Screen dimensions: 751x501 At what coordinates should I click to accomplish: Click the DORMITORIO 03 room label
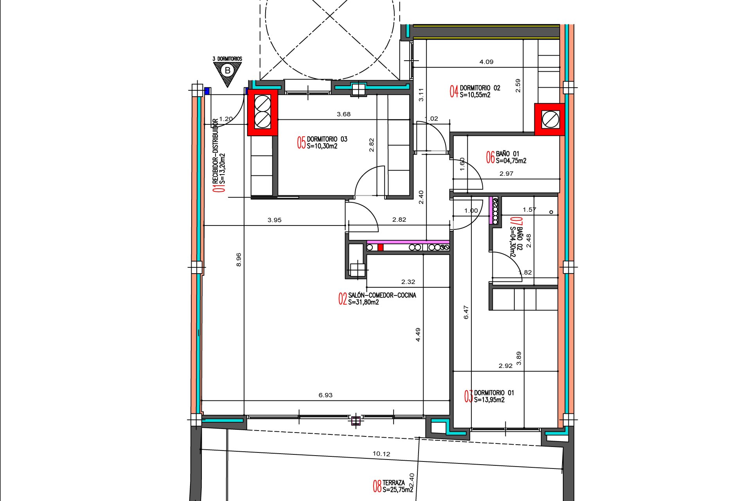pos(327,139)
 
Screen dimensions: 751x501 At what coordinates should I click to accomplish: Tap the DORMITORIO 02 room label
pos(480,88)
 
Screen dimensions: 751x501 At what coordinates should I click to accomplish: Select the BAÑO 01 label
pos(507,154)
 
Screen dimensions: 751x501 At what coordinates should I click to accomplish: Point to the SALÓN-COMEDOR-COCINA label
pos(382,295)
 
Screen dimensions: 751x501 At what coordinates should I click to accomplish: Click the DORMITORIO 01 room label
pos(494,393)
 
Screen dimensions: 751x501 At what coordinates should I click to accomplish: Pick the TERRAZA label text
pos(393,483)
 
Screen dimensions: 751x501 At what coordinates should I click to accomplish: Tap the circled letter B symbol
pos(227,70)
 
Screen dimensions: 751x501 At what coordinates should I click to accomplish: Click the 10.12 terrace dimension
pos(381,454)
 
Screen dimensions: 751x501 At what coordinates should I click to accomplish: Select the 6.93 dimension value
pos(325,395)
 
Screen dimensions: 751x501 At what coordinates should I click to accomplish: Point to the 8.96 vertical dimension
pos(239,260)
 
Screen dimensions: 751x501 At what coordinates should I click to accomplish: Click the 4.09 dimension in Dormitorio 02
pos(486,61)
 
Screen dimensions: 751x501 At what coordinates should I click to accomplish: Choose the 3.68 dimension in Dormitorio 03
pos(343,114)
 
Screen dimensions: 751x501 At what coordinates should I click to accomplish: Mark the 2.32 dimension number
pos(408,281)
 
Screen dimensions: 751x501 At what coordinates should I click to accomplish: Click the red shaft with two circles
pos(262,112)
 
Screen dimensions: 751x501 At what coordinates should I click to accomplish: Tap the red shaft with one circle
pos(550,119)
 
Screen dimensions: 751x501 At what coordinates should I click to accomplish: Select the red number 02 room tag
pos(343,299)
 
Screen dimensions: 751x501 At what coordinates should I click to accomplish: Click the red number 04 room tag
pos(454,92)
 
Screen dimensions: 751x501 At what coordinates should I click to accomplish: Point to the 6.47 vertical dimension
pos(466,312)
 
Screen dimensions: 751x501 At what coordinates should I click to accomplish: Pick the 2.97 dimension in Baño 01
pos(506,173)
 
